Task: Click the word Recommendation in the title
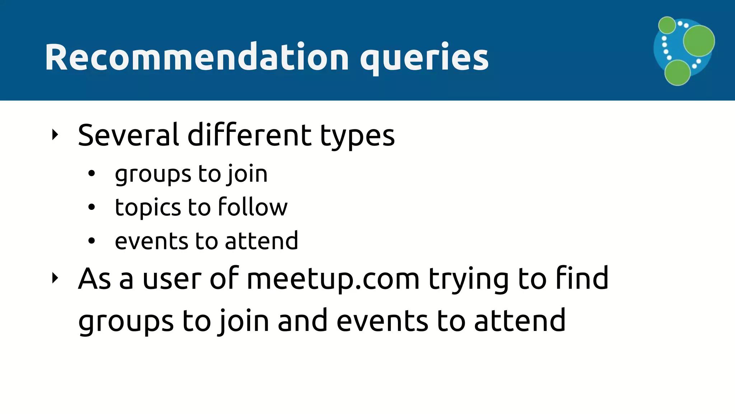tap(197, 57)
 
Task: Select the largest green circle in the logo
tap(698, 41)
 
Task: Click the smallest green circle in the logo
tap(667, 25)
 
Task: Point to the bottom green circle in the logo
tap(677, 73)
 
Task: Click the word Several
tap(128, 135)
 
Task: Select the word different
tap(250, 135)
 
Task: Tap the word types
tap(357, 137)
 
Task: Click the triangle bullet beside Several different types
tap(55, 135)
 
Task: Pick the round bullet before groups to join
tap(92, 174)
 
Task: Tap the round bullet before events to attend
tap(92, 240)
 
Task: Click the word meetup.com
tap(333, 280)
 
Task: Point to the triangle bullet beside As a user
tap(55, 278)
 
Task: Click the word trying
tap(469, 280)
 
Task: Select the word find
tap(582, 278)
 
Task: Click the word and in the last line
tap(302, 321)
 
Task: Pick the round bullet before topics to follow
tap(92, 207)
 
